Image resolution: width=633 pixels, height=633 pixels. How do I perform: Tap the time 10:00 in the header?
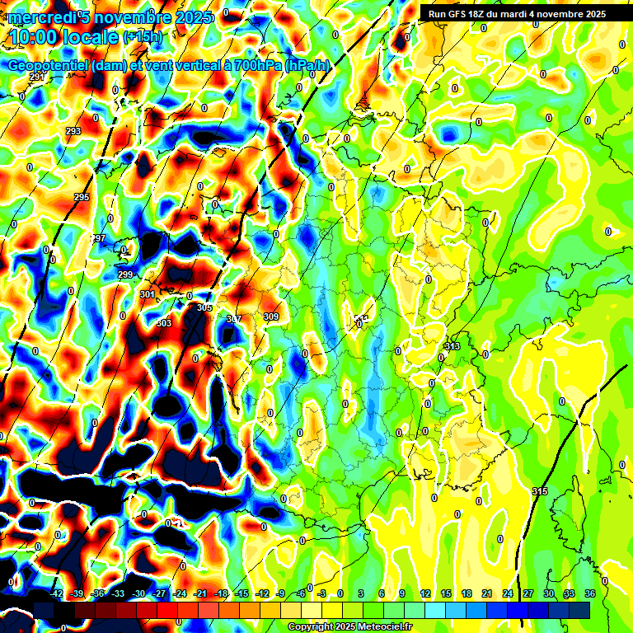pyautogui.click(x=36, y=36)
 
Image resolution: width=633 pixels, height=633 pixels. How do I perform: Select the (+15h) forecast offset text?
pyautogui.click(x=143, y=37)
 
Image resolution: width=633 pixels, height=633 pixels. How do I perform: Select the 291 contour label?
pyautogui.click(x=36, y=77)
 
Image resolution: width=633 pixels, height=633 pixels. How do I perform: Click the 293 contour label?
pyautogui.click(x=73, y=132)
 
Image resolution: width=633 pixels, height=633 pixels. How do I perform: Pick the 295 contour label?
pyautogui.click(x=82, y=197)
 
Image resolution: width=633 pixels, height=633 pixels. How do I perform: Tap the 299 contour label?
pyautogui.click(x=125, y=274)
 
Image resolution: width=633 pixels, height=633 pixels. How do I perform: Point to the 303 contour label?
pyautogui.click(x=164, y=323)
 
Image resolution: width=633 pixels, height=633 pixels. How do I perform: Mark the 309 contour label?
pyautogui.click(x=270, y=316)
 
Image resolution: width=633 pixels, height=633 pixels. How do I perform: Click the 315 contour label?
pyautogui.click(x=540, y=491)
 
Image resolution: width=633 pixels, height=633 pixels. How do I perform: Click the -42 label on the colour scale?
pyautogui.click(x=57, y=593)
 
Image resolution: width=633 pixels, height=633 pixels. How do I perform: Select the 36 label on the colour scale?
pyautogui.click(x=590, y=593)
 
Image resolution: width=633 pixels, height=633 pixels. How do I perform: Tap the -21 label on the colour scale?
pyautogui.click(x=200, y=593)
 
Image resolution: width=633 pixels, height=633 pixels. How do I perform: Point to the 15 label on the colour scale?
pyautogui.click(x=446, y=593)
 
